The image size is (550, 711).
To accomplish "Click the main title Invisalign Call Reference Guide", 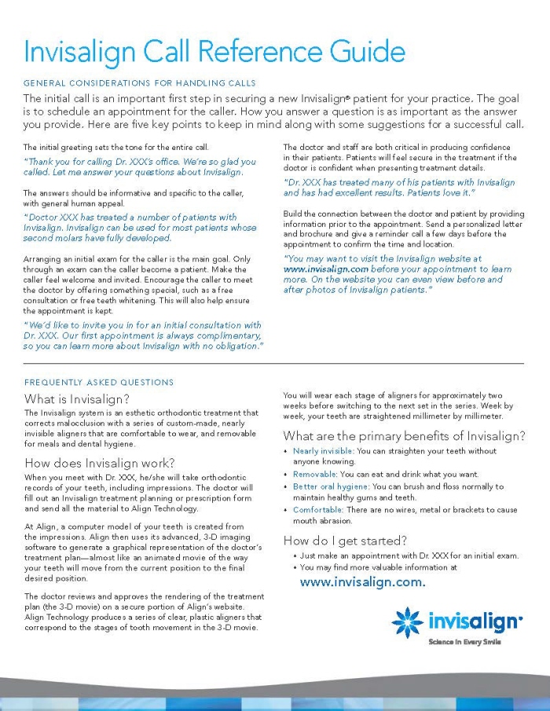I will click(214, 51).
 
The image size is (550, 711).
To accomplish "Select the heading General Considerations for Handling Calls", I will click(140, 83).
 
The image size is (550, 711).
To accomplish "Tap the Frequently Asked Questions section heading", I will click(99, 382).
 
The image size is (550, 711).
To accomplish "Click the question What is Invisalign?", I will click(77, 399).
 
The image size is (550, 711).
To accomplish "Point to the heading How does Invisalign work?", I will click(100, 462).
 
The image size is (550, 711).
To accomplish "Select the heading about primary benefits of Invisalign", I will click(404, 436).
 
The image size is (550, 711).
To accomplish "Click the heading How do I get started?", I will click(345, 540).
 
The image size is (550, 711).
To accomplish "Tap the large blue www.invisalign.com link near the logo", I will click(362, 582).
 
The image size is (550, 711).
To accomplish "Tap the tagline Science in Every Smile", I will click(464, 642).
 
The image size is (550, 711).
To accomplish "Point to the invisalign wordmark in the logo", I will click(474, 622).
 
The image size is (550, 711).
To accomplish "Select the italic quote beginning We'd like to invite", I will click(143, 335).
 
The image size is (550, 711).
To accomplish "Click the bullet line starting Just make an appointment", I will click(409, 556).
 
